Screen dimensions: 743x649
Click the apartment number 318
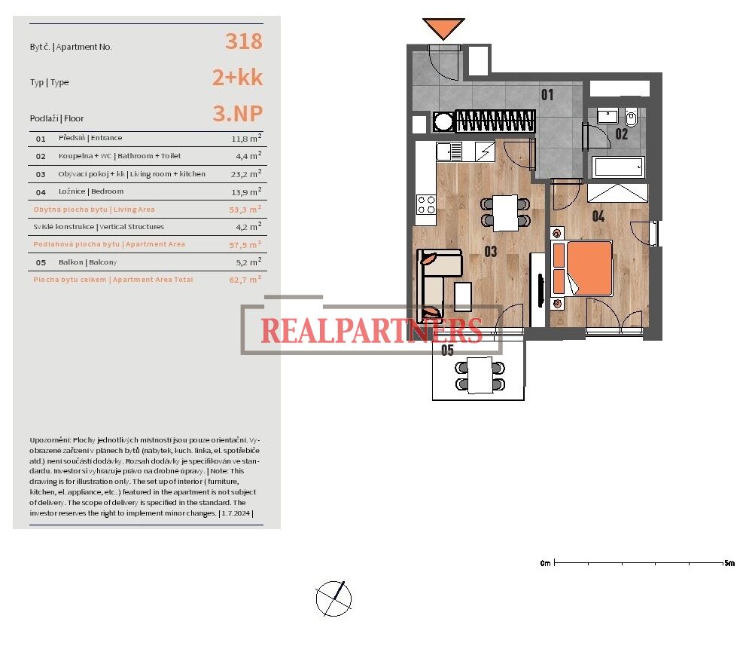pyautogui.click(x=244, y=41)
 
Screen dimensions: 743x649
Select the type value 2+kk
pyautogui.click(x=237, y=78)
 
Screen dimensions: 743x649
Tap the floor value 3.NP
pyautogui.click(x=237, y=113)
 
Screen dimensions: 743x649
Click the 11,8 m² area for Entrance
pyautogui.click(x=246, y=139)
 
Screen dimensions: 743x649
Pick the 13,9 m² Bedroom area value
pyautogui.click(x=246, y=191)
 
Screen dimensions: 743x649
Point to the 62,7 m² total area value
pyautogui.click(x=245, y=280)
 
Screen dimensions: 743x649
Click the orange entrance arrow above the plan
pyautogui.click(x=443, y=28)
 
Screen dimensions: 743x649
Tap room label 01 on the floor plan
pyautogui.click(x=547, y=95)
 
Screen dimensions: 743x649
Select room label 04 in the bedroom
pyautogui.click(x=598, y=217)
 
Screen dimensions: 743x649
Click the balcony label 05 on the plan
pyautogui.click(x=447, y=350)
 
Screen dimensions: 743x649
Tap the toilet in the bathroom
pyautogui.click(x=631, y=117)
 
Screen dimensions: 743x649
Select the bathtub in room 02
pyautogui.click(x=618, y=167)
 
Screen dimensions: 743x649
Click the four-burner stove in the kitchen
pyautogui.click(x=426, y=205)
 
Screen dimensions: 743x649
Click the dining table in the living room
pyautogui.click(x=506, y=213)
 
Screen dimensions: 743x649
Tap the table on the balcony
pyautogui.click(x=480, y=375)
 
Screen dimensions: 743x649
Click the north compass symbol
pyautogui.click(x=333, y=598)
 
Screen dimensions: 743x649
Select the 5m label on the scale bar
pyautogui.click(x=729, y=563)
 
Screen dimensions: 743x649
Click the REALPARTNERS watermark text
pyautogui.click(x=372, y=330)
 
